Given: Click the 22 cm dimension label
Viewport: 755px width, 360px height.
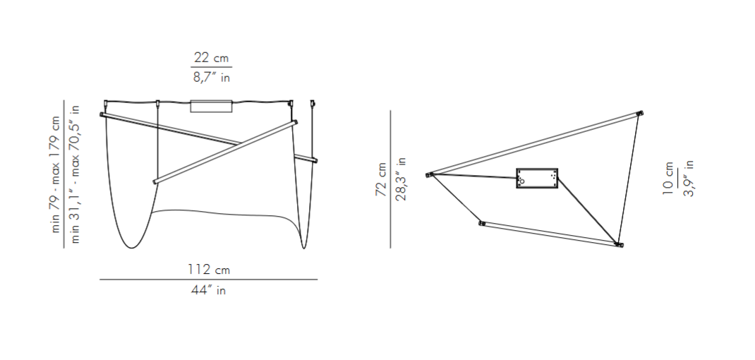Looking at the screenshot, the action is click(211, 59).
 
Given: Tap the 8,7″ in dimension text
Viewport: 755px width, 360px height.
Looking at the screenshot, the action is click(212, 77).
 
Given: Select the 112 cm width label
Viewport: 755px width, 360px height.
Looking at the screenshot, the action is click(208, 269).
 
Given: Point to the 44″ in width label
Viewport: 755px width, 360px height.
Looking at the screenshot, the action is click(208, 289).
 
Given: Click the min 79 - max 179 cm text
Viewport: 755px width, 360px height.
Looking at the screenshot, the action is click(56, 174).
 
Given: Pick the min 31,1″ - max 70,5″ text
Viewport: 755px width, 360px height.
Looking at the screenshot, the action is click(75, 174).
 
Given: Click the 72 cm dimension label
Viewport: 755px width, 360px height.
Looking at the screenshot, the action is click(381, 179).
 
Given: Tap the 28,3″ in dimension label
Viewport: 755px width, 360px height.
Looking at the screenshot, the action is click(400, 179).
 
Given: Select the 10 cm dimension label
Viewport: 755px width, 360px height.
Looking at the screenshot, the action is click(668, 179).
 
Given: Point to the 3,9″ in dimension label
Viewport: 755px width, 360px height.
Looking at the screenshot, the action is click(689, 179).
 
